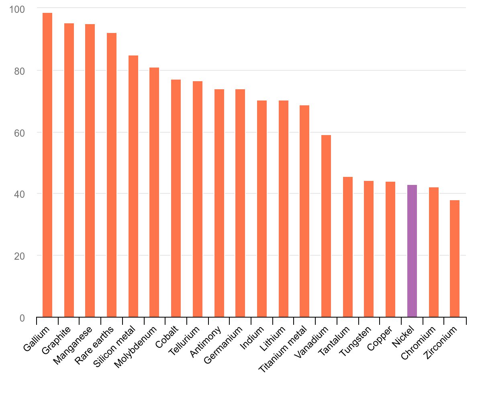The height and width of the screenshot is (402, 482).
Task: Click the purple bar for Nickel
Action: (412, 251)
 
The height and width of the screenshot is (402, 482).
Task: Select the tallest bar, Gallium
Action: (47, 165)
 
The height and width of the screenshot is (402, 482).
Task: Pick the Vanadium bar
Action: (326, 226)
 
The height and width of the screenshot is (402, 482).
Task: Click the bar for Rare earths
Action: (112, 175)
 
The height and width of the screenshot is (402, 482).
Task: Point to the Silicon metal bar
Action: (133, 186)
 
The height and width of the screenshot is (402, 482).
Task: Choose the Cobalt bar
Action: (176, 198)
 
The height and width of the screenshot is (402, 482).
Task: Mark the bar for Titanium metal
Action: (304, 211)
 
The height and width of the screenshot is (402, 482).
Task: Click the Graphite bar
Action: (69, 170)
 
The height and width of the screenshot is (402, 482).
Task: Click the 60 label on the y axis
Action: (19, 132)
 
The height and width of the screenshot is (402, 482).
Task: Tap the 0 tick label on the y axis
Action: (22, 318)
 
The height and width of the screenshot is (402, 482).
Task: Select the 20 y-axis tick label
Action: (19, 256)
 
